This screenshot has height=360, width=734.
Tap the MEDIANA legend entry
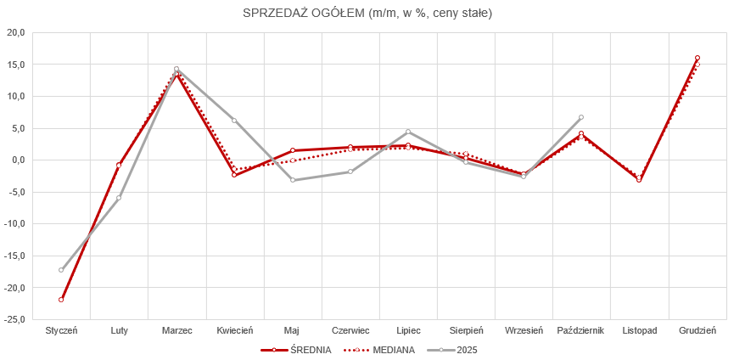click(391, 350)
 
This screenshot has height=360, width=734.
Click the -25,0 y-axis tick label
click(15, 320)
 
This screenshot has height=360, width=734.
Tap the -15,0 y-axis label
click(15, 256)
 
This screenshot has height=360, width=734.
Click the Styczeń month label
click(61, 331)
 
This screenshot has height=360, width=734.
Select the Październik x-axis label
click(581, 331)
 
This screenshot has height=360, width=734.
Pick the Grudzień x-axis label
click(698, 331)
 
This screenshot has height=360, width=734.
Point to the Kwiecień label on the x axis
click(234, 331)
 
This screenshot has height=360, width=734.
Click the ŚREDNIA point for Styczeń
click(61, 300)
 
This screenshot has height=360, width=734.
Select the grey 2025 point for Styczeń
click(61, 270)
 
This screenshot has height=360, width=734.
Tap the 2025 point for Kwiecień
click(234, 121)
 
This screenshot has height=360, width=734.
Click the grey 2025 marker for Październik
click(581, 117)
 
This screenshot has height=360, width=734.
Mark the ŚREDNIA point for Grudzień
click(698, 58)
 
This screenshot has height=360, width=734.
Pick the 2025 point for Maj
click(292, 180)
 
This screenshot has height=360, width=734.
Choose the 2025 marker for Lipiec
click(408, 132)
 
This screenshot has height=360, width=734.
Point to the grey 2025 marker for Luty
click(119, 198)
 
